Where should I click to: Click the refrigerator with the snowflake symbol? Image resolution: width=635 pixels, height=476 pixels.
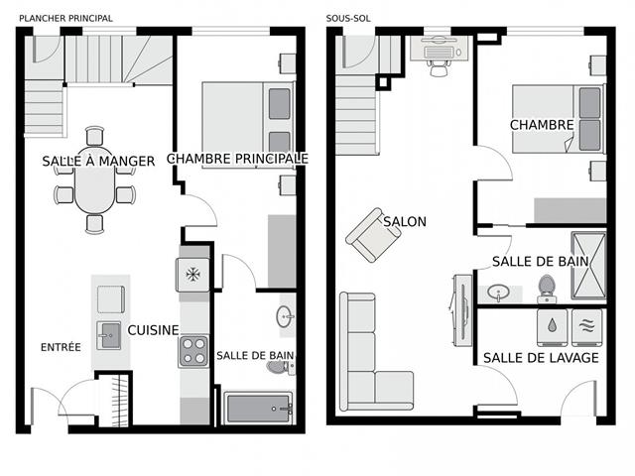(192, 274)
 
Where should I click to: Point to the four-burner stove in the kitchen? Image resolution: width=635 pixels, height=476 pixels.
(192, 352)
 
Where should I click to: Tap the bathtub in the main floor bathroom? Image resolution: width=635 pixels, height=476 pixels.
(258, 408)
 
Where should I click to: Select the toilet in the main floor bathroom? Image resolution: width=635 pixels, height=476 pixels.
(278, 367)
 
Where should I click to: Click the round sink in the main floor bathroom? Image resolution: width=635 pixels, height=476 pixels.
(285, 318)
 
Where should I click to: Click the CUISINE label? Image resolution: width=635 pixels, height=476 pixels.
(153, 330)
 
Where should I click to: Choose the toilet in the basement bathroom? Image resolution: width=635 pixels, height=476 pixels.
(547, 289)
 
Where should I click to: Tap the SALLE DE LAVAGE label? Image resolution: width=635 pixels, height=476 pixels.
(541, 357)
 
